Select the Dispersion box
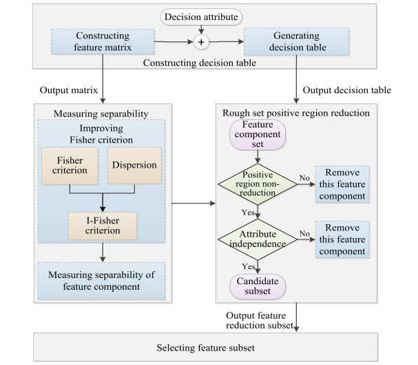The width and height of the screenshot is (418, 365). [x=134, y=166]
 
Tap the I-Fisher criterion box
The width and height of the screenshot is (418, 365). [x=102, y=224]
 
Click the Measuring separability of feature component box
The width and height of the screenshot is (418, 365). [x=102, y=281]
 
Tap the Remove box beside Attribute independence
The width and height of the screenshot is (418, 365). [x=342, y=239]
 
